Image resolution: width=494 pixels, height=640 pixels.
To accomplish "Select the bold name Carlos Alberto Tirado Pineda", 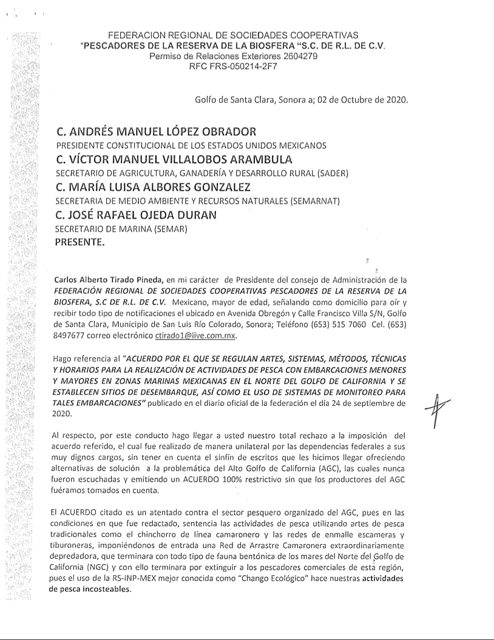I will (x=107, y=280).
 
